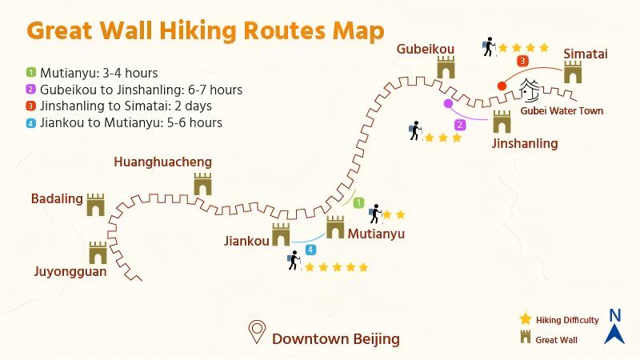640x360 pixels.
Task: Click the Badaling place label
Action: coord(55,198)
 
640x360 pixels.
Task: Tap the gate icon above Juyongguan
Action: coord(98,253)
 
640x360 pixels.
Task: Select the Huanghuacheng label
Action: coord(163,162)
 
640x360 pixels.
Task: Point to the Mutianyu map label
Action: coord(376,234)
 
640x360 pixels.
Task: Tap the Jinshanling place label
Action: coord(524,143)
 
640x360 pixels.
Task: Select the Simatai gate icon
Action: coord(573,73)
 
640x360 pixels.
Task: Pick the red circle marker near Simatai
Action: coord(502,86)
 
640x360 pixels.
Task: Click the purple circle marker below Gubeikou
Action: coord(448,103)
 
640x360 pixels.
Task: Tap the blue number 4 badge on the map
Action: coord(310,250)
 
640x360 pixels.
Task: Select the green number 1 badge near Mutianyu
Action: coord(359,203)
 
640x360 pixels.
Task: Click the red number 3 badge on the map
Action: coord(522,61)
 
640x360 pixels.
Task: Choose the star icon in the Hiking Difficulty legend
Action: coord(526,318)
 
